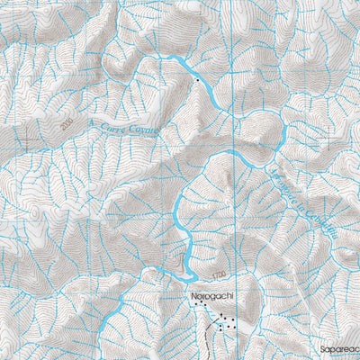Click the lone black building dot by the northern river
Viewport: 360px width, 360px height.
pyautogui.click(x=196, y=81)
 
